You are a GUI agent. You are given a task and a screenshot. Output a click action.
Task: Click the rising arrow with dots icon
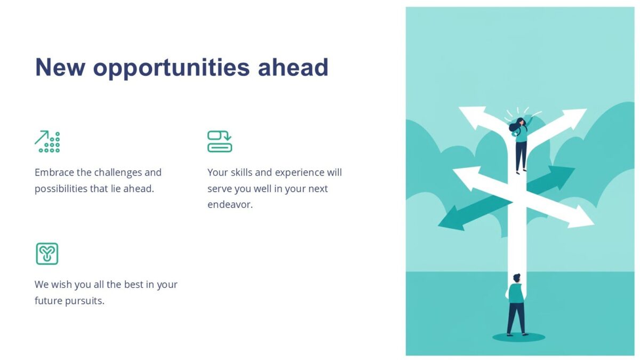(x=47, y=141)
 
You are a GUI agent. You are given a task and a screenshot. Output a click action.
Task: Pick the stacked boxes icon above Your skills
(x=220, y=141)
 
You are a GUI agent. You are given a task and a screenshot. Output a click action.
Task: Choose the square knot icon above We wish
(x=47, y=253)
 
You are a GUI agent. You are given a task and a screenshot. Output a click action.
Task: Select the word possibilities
(x=61, y=188)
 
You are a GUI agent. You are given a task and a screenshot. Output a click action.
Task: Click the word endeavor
(x=229, y=204)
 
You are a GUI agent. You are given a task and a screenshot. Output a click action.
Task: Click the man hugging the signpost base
(x=516, y=304)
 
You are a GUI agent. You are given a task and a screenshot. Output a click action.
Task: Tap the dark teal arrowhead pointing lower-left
(x=449, y=220)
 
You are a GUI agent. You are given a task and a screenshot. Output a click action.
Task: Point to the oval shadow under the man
(x=518, y=337)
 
